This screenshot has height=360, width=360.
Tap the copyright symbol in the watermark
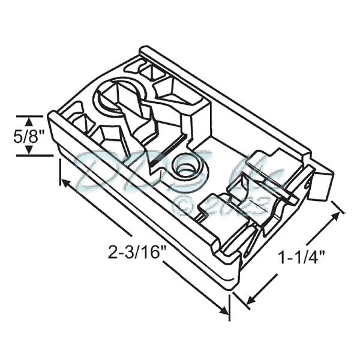[x=182, y=204]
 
